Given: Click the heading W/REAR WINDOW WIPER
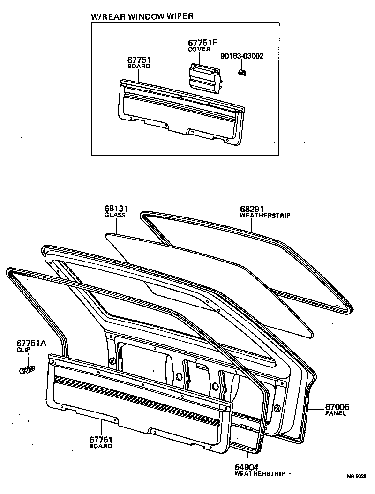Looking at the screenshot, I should (x=142, y=16).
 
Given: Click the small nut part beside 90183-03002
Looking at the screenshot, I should (x=242, y=72).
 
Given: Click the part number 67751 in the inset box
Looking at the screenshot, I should (x=139, y=60).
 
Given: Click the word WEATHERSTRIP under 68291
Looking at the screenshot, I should (x=265, y=216).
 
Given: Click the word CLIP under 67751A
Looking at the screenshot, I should (x=24, y=350).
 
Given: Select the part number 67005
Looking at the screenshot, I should (x=337, y=407).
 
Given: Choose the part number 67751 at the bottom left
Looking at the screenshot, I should (x=100, y=440).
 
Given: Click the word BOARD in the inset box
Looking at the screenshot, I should (x=139, y=67).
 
